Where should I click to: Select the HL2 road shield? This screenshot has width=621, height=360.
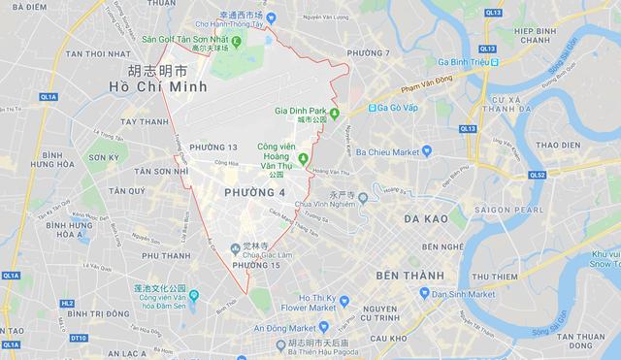[67, 303]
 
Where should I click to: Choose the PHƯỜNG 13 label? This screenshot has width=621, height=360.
[213, 147]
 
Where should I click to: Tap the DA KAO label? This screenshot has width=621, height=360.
[426, 218]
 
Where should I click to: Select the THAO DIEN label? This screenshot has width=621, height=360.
[556, 145]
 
